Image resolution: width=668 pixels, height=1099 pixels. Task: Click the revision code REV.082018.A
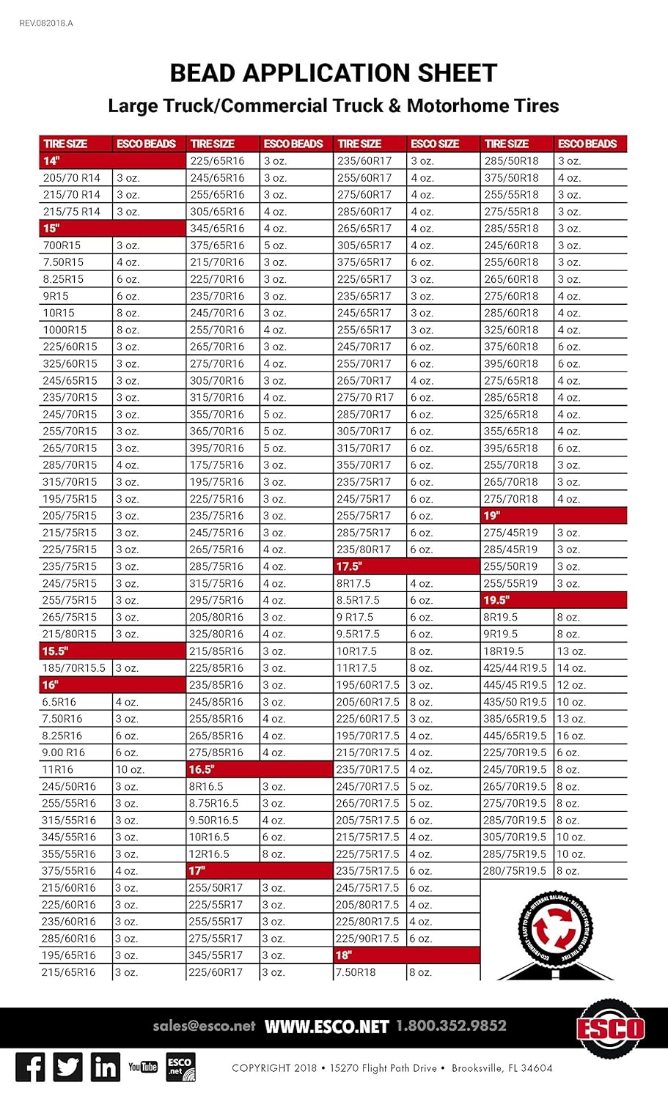coord(45,23)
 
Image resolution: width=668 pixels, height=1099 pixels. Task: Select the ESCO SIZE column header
coord(435,144)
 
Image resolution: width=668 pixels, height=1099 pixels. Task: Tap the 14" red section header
coord(51,160)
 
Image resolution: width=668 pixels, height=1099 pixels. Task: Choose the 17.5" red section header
coord(350,566)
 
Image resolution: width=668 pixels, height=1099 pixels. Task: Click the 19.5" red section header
coord(496,600)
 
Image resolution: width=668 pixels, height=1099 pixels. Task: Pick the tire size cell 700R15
coord(62,245)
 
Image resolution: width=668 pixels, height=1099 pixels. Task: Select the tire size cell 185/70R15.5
coord(74,668)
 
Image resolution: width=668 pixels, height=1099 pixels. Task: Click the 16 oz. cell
coord(571,736)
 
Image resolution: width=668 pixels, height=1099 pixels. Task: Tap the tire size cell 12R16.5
coord(209,854)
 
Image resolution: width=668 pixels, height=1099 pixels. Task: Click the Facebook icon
coord(30,1067)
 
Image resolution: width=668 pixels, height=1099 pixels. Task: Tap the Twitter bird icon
coord(68,1067)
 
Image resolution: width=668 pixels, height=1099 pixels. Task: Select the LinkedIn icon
coord(106,1067)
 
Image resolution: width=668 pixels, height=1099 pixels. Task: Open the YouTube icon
coord(143,1067)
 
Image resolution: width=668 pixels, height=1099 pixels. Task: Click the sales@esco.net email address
coord(204,1026)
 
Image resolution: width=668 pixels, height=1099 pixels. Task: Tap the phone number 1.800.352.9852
coord(451,1026)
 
